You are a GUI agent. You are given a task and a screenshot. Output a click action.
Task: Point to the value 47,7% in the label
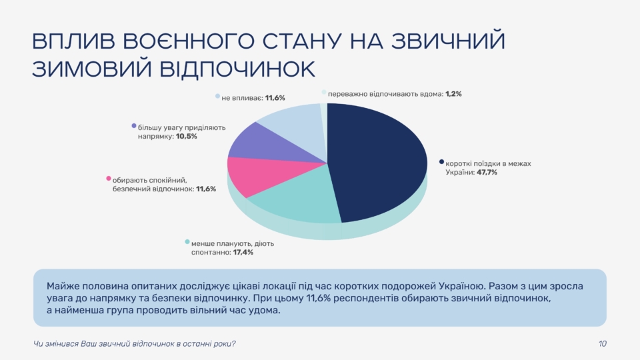(487, 173)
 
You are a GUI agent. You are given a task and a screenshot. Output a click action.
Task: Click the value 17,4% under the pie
(242, 253)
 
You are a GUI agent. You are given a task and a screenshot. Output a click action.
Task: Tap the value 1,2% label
(453, 94)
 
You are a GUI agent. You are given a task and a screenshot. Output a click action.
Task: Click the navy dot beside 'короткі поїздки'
(441, 162)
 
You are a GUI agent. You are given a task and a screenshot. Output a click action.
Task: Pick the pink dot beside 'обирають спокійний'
(108, 179)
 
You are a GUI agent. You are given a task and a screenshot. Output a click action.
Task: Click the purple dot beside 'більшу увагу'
(134, 125)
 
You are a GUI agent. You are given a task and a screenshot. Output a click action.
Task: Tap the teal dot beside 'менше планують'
(187, 242)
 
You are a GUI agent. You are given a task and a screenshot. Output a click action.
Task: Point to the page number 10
(602, 344)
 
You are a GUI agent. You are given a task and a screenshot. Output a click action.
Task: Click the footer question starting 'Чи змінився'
(134, 344)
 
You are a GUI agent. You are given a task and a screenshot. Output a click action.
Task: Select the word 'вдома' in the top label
(429, 94)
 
